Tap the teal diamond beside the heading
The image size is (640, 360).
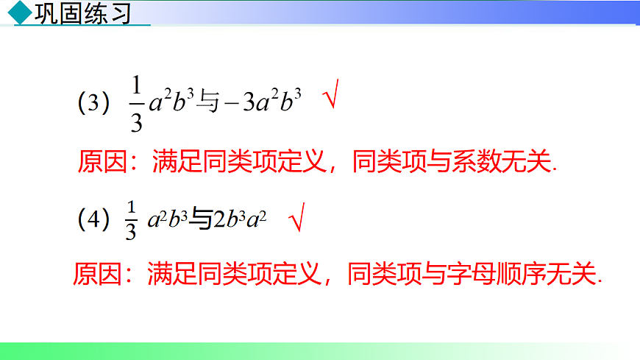24,13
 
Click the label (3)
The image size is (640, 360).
93,103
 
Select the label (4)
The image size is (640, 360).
93,219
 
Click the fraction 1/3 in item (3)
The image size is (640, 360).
136,104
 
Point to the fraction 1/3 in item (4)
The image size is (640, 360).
132,219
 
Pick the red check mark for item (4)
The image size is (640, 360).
296,219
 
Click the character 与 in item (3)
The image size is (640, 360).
208,104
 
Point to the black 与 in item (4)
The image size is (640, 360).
201,219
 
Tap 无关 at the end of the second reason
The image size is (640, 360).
575,274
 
